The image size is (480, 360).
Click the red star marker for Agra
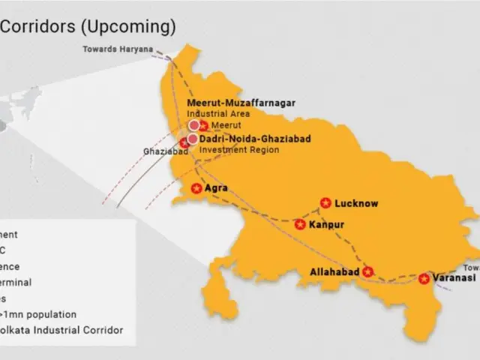[196, 188]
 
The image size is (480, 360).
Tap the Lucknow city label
[356, 203]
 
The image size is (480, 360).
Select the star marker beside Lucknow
[325, 202]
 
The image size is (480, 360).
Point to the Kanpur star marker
[300, 224]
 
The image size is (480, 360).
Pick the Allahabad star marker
[367, 271]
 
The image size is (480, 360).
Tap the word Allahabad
[334, 271]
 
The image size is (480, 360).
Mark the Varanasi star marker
[424, 278]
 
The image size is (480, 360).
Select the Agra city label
[216, 188]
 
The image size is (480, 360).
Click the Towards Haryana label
[117, 49]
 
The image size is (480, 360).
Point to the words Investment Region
[239, 149]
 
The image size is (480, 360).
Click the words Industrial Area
[218, 113]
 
